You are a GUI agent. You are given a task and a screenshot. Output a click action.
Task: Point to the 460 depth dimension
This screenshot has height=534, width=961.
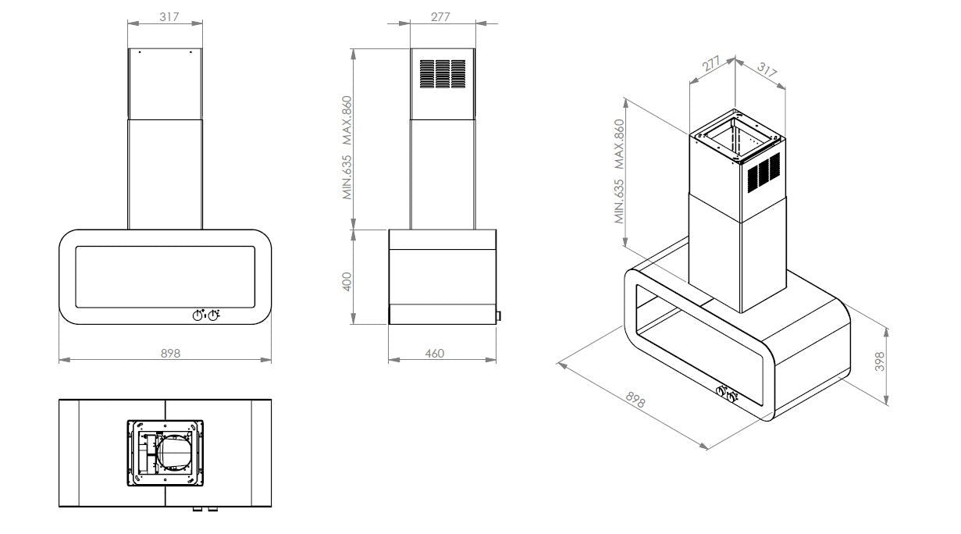click(x=435, y=354)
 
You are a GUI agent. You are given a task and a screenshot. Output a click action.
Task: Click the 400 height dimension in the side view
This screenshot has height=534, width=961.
click(x=348, y=279)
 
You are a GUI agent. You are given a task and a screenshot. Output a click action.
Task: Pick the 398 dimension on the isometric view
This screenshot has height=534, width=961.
click(x=880, y=361)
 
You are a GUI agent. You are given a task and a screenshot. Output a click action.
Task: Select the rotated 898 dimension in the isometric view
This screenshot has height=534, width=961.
click(x=636, y=400)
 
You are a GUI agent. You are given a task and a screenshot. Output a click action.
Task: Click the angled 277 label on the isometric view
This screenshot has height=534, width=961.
click(x=710, y=65)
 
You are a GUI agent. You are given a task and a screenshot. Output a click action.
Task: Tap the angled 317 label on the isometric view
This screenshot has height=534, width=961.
click(x=767, y=72)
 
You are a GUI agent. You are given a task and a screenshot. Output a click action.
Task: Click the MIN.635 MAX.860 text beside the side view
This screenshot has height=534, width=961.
click(x=348, y=148)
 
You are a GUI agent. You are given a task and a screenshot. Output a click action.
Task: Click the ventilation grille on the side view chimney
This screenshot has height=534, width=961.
click(x=443, y=73)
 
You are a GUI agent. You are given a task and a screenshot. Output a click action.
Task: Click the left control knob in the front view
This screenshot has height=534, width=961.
click(x=198, y=315)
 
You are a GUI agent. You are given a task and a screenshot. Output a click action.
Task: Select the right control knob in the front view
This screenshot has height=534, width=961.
click(x=213, y=315)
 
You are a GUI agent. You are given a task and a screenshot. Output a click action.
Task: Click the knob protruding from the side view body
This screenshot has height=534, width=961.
click(x=497, y=316)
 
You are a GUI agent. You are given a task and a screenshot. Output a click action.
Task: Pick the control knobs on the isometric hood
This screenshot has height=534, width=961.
click(x=726, y=393)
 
